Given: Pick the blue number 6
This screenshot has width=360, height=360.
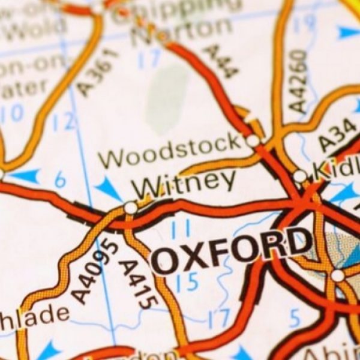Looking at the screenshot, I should point(60,178).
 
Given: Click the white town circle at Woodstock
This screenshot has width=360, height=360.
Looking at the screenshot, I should point(253,141).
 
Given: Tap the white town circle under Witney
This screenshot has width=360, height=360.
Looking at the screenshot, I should point(130,208).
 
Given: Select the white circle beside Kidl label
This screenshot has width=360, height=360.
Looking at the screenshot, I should point(299,176).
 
